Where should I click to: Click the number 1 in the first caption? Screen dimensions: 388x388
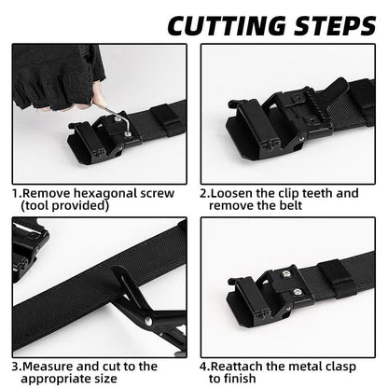tap(15, 193)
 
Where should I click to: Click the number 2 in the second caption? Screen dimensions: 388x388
tap(204, 193)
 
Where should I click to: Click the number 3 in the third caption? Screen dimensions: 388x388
tap(16, 367)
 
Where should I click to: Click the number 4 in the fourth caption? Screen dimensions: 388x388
tap(204, 367)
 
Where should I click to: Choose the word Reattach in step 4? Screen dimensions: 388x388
tap(240, 367)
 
